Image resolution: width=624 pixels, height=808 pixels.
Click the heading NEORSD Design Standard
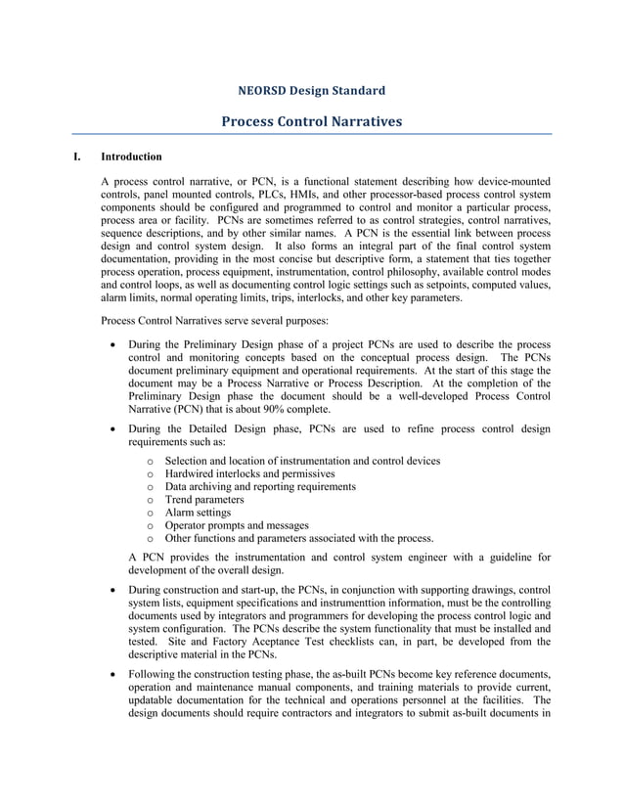point(311,91)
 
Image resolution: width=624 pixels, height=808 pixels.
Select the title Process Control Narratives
point(311,122)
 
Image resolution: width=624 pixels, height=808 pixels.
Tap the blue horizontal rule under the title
point(311,134)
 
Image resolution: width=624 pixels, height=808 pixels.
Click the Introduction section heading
point(132,157)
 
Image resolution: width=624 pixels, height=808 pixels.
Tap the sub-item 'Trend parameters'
point(204,499)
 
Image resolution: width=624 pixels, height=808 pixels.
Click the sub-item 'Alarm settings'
point(199,512)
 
